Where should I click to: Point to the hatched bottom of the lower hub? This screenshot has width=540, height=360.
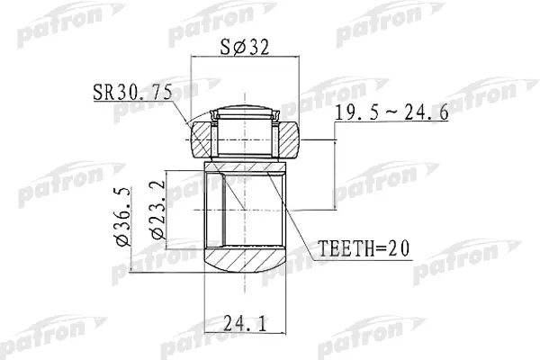246,264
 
